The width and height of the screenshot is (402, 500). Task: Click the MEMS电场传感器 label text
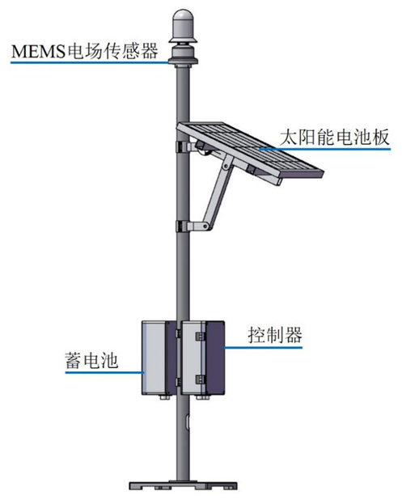85,51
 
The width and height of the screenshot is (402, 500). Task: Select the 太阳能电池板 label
334,138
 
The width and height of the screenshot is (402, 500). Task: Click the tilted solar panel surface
250,149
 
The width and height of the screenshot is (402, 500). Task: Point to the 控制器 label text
275,335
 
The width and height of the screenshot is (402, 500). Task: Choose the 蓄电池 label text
91,361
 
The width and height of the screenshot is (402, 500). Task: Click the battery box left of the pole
159,358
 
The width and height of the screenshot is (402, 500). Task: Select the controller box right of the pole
203,358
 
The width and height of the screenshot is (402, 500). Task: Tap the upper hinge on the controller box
200,336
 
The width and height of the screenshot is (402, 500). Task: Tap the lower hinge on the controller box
200,379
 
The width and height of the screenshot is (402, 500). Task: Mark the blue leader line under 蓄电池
104,372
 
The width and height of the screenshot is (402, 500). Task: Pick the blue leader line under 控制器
263,347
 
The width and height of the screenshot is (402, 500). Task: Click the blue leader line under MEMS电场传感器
91,62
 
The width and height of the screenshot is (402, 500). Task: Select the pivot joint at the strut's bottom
205,226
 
